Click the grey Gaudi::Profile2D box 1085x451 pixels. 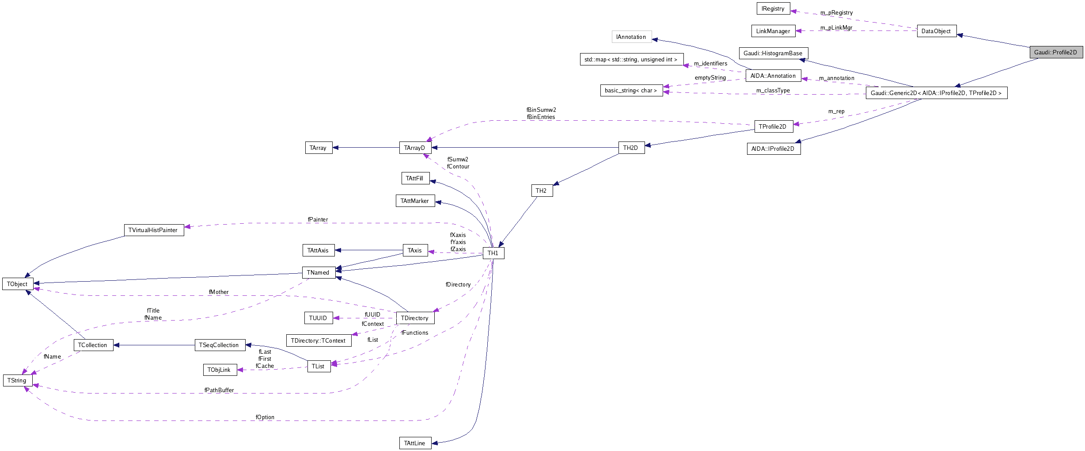click(x=1056, y=52)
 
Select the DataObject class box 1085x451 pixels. click(x=936, y=31)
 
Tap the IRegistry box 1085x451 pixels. click(x=773, y=8)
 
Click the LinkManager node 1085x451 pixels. click(x=773, y=31)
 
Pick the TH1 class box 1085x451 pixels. click(x=493, y=253)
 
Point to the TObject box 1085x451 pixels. click(x=17, y=284)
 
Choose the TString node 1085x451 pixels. click(x=17, y=380)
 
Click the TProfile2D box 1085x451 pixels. click(x=773, y=126)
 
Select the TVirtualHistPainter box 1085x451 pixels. click(x=153, y=230)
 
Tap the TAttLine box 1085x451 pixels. click(x=415, y=443)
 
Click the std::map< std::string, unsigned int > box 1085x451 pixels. click(x=631, y=59)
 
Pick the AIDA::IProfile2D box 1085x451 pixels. click(x=773, y=149)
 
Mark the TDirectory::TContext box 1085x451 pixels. click(x=319, y=340)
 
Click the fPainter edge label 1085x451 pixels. click(x=318, y=219)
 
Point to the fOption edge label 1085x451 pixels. click(x=265, y=417)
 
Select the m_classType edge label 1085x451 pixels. click(x=773, y=90)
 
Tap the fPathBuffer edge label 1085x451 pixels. click(x=219, y=390)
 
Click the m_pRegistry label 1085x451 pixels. click(x=836, y=12)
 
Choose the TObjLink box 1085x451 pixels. click(x=220, y=370)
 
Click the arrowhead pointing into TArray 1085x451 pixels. click(x=336, y=148)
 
